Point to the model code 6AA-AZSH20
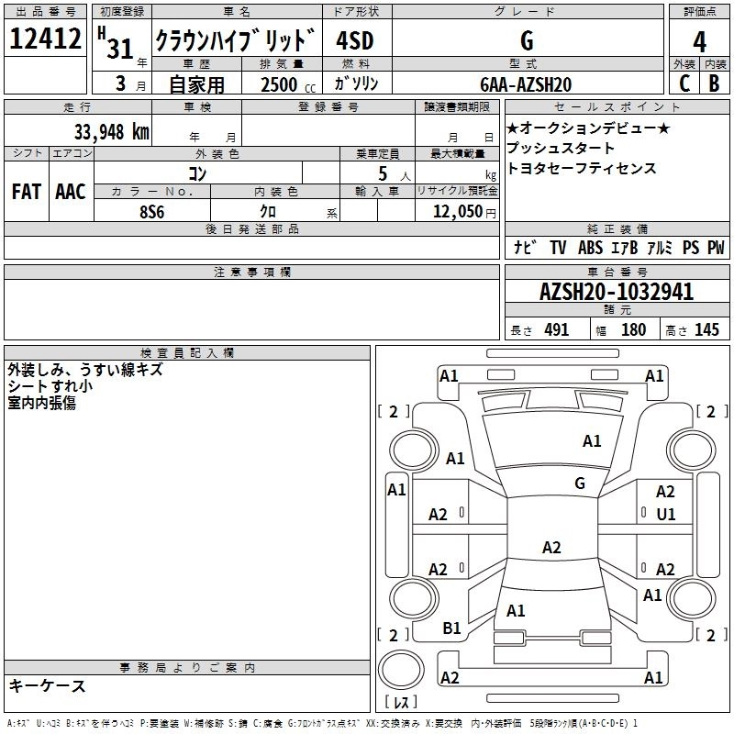tap(526, 84)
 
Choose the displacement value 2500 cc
tap(281, 84)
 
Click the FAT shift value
tap(26, 191)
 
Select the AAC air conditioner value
tap(71, 191)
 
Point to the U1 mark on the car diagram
tap(665, 515)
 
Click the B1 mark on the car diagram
tap(451, 628)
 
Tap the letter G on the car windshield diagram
tap(580, 483)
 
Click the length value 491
tap(556, 330)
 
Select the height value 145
tap(706, 330)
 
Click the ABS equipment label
tap(590, 248)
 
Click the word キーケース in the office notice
tap(47, 685)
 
